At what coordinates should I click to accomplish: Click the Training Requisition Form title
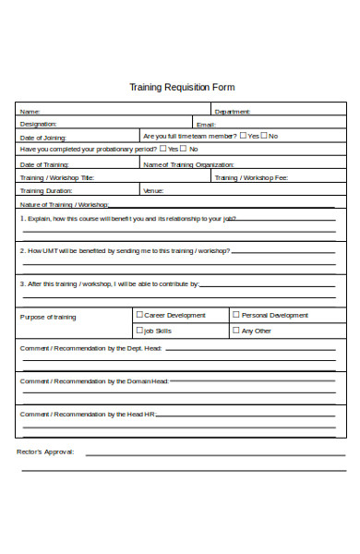tap(181, 88)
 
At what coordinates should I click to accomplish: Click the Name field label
tap(30, 112)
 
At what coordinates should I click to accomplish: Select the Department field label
tap(232, 112)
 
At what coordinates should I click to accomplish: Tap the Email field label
tap(205, 124)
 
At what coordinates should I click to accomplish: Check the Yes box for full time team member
tap(242, 135)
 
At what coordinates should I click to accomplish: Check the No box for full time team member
tap(263, 135)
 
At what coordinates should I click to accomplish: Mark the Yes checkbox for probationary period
tap(162, 148)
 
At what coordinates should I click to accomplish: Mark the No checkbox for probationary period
tap(183, 148)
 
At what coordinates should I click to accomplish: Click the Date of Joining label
tap(44, 137)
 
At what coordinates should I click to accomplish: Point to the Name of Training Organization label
tap(188, 164)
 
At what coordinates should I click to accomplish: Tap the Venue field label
tap(153, 190)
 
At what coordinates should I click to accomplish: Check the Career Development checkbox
tap(139, 315)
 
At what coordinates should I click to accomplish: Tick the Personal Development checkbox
tap(235, 315)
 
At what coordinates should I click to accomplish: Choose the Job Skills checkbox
tap(139, 330)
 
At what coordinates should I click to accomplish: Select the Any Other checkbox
tap(235, 330)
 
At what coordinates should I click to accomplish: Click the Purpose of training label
tap(48, 317)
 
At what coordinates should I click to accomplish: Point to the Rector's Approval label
tap(45, 452)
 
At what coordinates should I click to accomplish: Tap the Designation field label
tap(39, 124)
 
